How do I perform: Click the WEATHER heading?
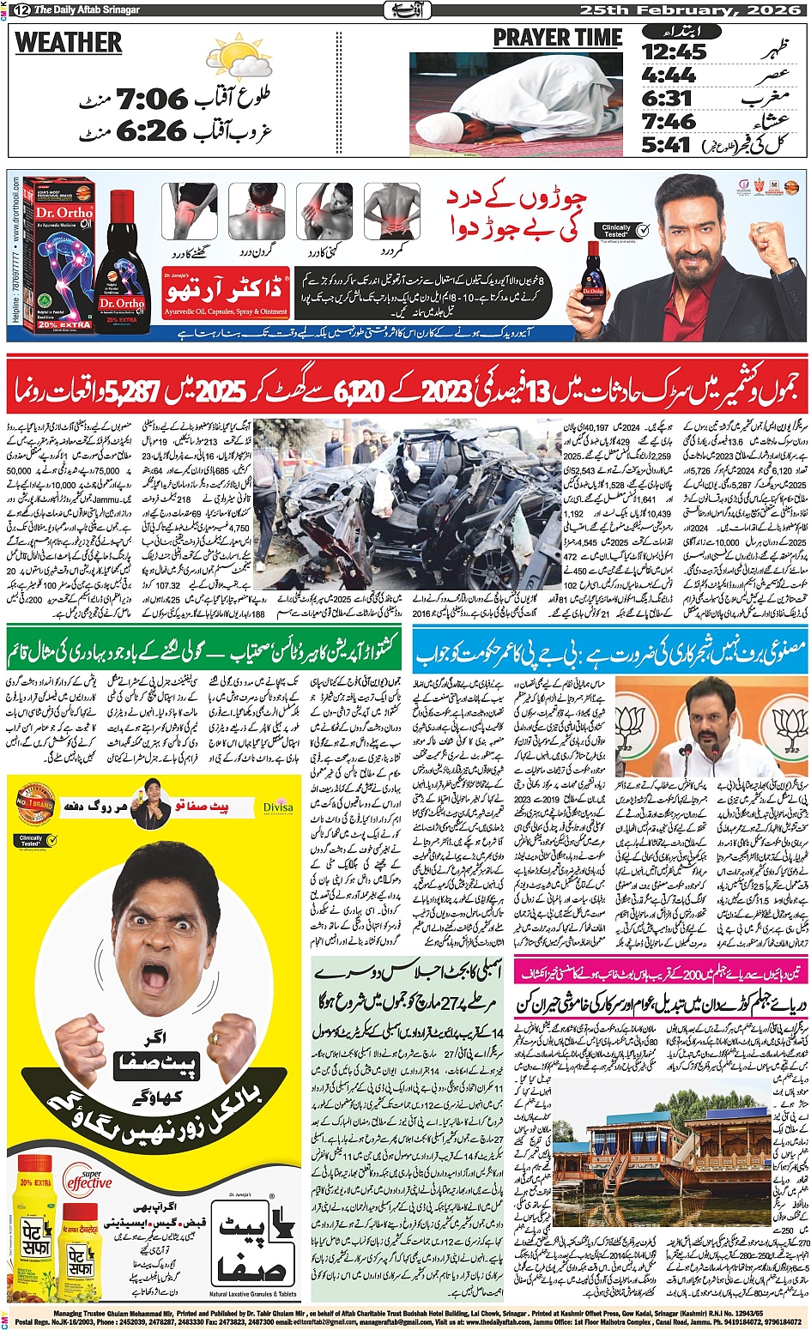click(69, 43)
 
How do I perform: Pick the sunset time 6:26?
click(151, 131)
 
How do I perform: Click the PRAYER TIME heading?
click(557, 39)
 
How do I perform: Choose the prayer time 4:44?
click(669, 76)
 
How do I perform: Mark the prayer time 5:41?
click(666, 144)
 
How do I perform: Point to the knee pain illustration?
click(190, 212)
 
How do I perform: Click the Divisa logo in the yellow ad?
click(277, 807)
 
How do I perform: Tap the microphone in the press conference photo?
click(714, 751)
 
